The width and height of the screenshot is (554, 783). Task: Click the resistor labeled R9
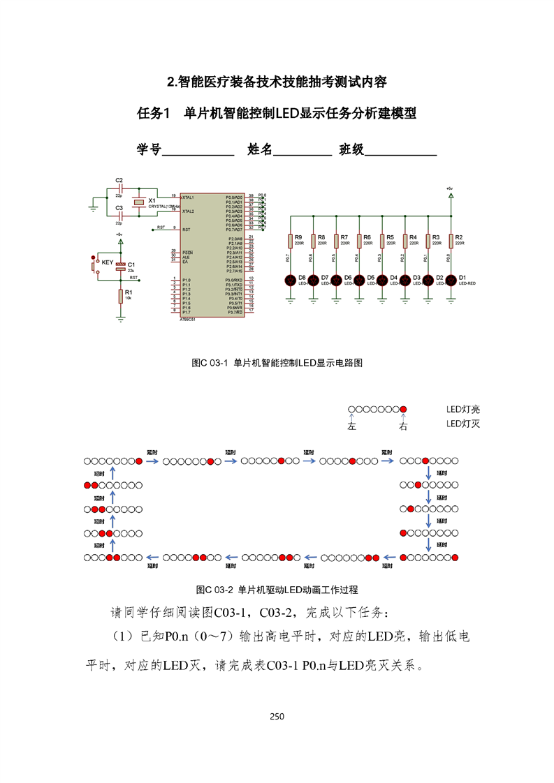point(291,241)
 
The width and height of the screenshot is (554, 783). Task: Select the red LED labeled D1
point(451,281)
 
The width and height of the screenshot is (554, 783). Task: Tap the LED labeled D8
point(291,281)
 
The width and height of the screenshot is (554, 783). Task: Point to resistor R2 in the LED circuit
point(451,241)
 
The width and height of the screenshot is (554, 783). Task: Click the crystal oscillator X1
point(140,202)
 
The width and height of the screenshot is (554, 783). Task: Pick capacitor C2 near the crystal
point(120,188)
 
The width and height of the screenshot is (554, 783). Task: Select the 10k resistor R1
point(120,296)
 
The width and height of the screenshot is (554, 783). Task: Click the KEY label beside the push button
point(107,262)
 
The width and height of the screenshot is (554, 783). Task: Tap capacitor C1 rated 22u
point(120,266)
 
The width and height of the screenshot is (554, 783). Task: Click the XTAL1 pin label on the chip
point(188,197)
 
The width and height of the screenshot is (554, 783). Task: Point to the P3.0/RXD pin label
point(233,280)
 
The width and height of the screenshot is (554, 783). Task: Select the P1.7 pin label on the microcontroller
point(186,312)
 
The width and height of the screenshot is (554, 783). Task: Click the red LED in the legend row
point(402,410)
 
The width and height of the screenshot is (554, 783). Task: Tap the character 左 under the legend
point(351,426)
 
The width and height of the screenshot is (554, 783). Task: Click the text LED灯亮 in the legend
point(463,410)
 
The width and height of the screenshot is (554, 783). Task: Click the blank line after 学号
point(198,150)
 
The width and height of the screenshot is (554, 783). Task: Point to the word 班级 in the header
point(351,149)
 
